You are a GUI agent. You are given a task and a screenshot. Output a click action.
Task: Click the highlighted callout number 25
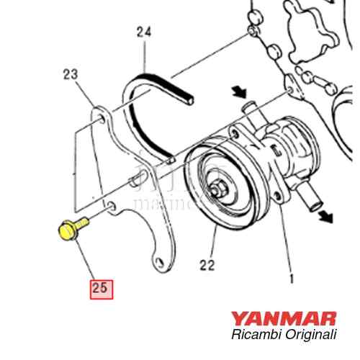click(102, 289)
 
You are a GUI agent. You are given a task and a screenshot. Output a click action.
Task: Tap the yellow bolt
click(72, 228)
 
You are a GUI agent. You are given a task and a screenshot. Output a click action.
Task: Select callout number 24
click(144, 32)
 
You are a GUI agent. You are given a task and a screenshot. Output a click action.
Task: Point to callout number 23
click(71, 74)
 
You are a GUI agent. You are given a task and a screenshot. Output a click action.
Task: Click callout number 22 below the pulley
click(207, 265)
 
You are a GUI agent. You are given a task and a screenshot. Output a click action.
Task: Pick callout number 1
click(292, 279)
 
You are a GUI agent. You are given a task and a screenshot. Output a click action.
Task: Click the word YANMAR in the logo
click(284, 318)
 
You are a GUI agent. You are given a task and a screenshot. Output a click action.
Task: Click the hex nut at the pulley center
click(217, 190)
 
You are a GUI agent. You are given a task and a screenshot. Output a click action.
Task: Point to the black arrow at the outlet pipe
click(325, 216)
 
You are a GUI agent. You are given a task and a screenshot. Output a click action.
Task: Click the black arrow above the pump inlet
click(239, 91)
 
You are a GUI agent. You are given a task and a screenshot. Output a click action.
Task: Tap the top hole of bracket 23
click(102, 118)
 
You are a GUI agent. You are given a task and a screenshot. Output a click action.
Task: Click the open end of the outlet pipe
click(315, 207)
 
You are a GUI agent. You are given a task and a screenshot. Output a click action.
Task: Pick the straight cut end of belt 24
click(190, 100)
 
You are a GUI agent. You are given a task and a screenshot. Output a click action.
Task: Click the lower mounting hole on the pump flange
click(278, 197)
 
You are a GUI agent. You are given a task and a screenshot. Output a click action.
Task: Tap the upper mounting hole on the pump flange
click(235, 134)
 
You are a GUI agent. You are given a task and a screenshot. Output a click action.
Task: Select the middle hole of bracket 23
click(112, 206)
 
